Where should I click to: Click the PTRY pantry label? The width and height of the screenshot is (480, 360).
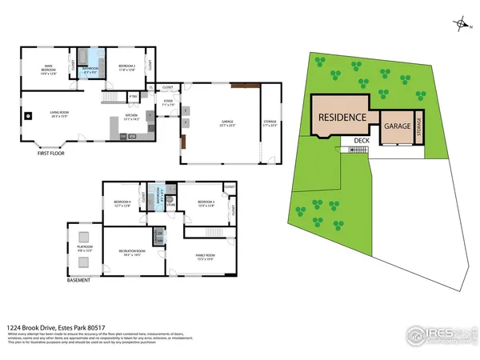134,97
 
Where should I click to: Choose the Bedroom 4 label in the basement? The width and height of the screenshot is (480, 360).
122,202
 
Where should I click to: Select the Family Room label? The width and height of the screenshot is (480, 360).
206,257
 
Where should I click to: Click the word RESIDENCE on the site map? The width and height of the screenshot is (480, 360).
342,117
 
